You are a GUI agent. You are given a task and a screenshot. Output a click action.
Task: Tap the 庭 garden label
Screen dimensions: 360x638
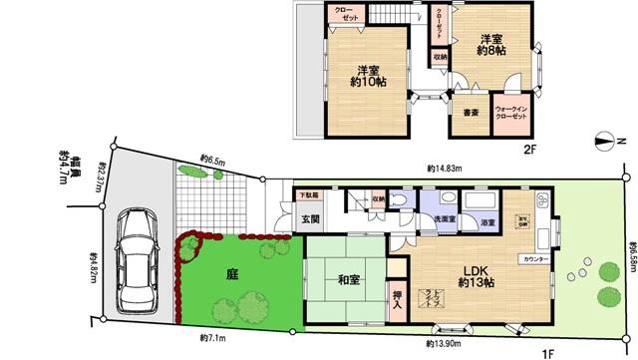point(231,273)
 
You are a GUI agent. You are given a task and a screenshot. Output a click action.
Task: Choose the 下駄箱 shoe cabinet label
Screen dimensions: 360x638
point(304,196)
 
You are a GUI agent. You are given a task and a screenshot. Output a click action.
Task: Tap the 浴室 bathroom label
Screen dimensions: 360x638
point(488,221)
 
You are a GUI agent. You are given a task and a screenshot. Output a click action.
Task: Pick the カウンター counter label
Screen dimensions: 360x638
point(533,258)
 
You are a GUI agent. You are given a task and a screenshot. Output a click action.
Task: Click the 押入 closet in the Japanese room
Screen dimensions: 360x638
point(396,300)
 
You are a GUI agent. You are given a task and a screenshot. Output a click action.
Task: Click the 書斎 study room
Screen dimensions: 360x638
point(471,113)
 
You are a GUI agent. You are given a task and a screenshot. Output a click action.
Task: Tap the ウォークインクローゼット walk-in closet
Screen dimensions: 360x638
point(510,114)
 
